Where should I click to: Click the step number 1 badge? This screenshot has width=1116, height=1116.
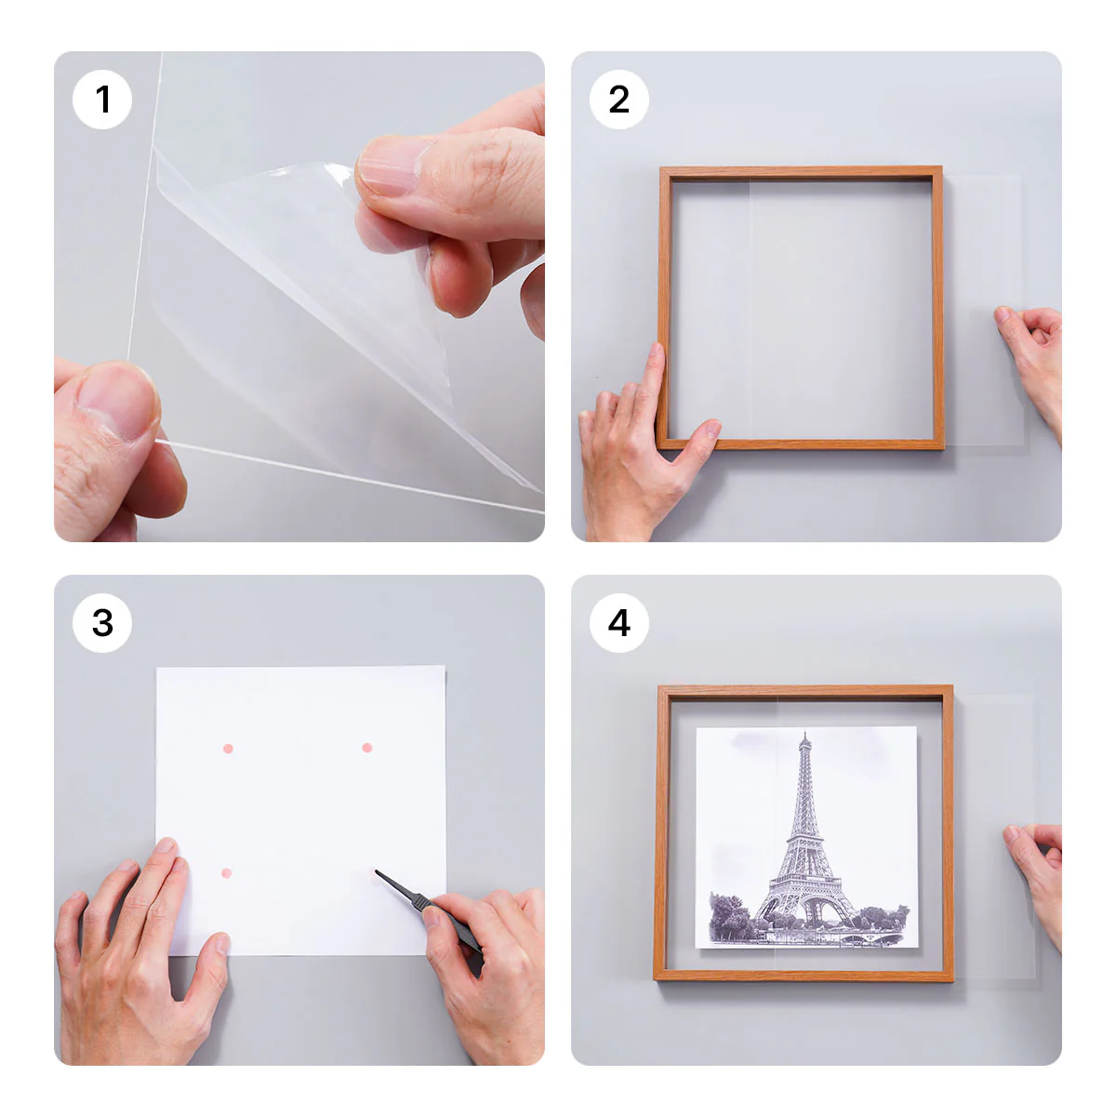coord(102,100)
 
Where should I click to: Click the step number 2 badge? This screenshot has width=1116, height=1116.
coord(619,100)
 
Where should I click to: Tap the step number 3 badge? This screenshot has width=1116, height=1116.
coord(102,623)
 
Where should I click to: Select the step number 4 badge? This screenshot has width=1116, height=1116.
coord(619,623)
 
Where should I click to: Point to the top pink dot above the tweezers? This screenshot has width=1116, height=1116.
coord(367,748)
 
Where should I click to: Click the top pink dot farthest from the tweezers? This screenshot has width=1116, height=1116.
coord(228,749)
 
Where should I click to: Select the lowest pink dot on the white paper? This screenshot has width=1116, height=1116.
coord(226,873)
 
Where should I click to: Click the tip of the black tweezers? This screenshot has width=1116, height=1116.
coord(378,872)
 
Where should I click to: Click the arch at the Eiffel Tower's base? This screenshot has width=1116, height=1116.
coord(805,906)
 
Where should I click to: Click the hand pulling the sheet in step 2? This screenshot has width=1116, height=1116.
coord(1032,353)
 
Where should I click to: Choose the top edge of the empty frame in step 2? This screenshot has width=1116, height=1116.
coord(800,173)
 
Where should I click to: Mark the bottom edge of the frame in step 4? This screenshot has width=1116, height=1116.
coord(804,976)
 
